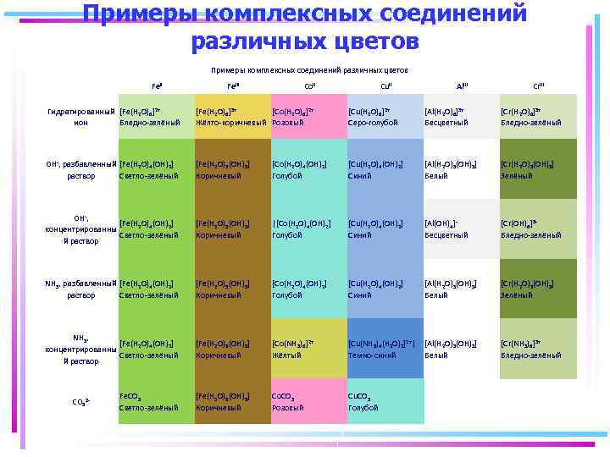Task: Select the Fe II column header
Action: [157, 86]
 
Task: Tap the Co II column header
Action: [309, 86]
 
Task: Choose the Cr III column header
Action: [538, 86]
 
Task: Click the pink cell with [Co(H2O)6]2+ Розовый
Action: [309, 117]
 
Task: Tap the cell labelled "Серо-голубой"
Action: [385, 117]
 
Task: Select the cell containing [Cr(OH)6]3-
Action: [538, 228]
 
